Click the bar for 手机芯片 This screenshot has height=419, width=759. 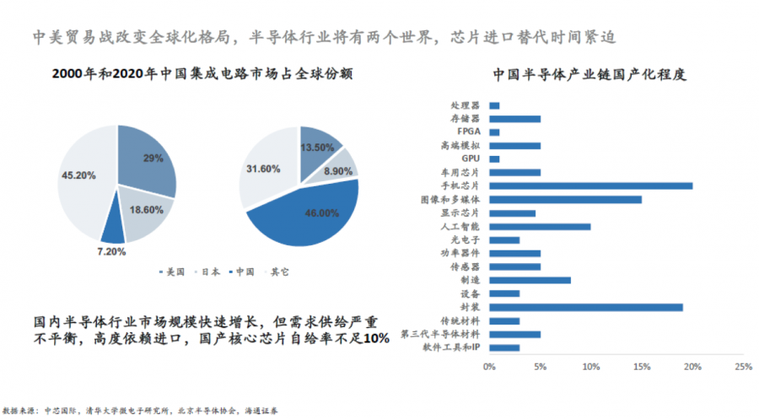coord(590,186)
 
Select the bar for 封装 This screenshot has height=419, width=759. coord(585,307)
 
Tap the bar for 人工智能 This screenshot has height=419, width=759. coord(540,227)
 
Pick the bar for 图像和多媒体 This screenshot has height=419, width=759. coord(565,200)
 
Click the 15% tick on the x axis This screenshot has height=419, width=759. coord(641,367)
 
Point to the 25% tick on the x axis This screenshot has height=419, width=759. coord(743,367)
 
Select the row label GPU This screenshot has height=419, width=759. coord(471,159)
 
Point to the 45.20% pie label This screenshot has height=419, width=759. coord(78,175)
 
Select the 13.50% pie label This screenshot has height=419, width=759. coord(319,146)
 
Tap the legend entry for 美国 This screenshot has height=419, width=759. coord(173,272)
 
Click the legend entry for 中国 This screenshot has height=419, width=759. coord(241,272)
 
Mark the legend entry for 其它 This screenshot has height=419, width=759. coord(274,272)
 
